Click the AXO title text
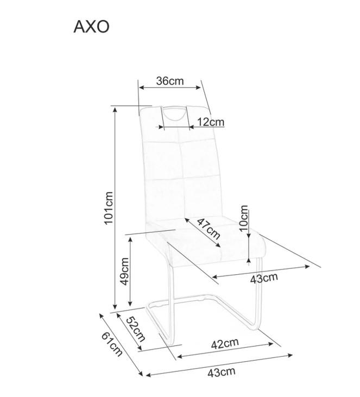(x=91, y=27)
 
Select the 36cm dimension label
(x=170, y=81)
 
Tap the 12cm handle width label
(x=211, y=122)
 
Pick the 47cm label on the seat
(x=209, y=229)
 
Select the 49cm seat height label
(x=124, y=272)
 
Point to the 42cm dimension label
(x=225, y=343)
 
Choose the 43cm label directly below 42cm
(x=222, y=372)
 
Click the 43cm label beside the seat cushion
(x=263, y=279)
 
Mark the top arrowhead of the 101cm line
(x=116, y=109)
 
